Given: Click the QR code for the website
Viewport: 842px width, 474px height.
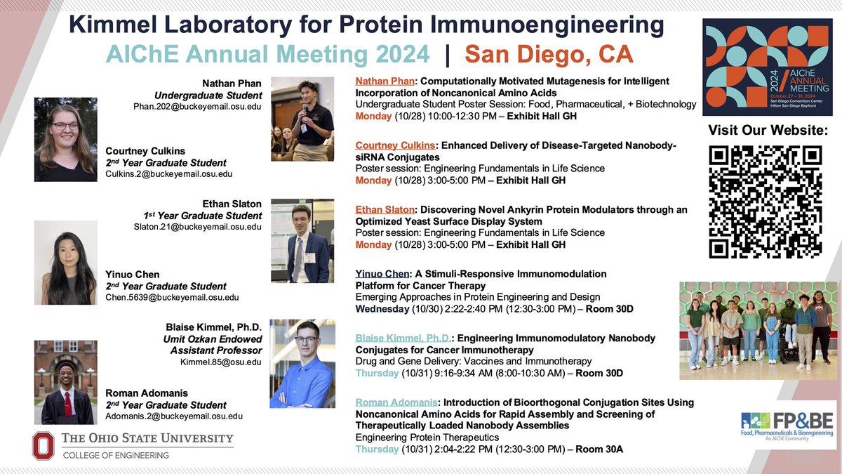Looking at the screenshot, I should click(x=766, y=202).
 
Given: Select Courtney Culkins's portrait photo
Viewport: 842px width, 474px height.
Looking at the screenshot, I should click(x=65, y=140).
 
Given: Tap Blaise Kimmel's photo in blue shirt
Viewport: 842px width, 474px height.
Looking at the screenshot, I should click(x=302, y=363).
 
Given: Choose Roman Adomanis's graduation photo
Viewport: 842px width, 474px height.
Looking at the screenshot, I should click(x=65, y=383).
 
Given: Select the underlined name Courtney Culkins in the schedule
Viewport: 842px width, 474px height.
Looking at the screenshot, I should click(x=395, y=145).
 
